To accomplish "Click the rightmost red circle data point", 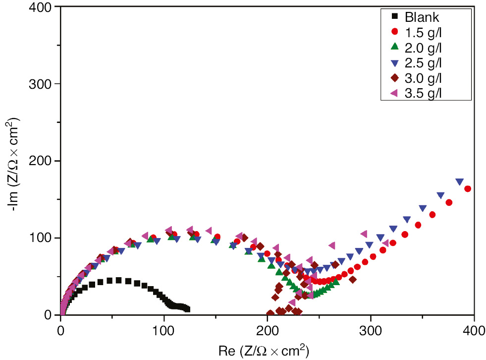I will click(467, 189).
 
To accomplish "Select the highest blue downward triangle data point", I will click(460, 181).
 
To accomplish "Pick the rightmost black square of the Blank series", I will click(187, 309).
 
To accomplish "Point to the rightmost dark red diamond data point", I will click(353, 280).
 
